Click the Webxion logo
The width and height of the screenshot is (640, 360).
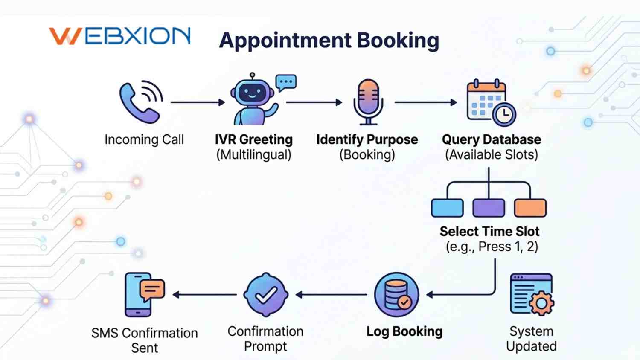[x=120, y=36]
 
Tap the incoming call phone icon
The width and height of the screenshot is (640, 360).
[x=140, y=102]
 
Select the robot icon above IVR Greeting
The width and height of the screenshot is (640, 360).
[x=253, y=101]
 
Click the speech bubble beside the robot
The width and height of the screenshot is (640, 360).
[x=286, y=82]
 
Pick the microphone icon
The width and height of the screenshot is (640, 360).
[x=368, y=102]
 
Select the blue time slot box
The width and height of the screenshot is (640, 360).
[x=447, y=208]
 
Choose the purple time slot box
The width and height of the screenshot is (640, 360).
[x=489, y=208]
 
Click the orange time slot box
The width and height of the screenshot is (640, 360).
[x=530, y=208]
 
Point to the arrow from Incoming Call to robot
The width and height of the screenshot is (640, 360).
[x=198, y=102]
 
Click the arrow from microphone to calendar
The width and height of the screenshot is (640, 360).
[x=425, y=102]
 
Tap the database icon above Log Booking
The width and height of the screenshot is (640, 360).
[x=396, y=295]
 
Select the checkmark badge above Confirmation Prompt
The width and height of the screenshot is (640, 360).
[x=266, y=295]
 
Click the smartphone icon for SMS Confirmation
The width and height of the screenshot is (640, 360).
[x=138, y=295]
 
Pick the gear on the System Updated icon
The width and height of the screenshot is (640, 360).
[x=541, y=303]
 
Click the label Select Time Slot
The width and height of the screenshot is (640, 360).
[x=489, y=232]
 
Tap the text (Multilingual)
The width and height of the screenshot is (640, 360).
[x=253, y=154]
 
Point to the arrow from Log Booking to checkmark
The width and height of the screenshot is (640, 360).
[x=331, y=295]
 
